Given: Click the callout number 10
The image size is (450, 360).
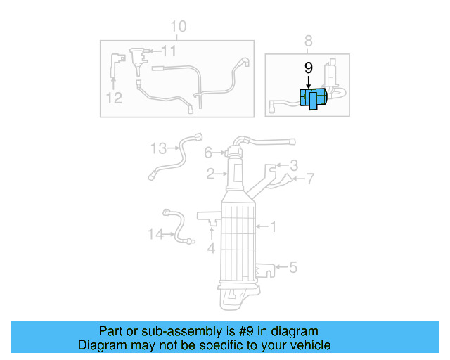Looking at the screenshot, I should (179, 27).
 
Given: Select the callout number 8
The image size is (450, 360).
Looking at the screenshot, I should (308, 41).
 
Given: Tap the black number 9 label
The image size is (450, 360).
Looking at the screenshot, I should (308, 68).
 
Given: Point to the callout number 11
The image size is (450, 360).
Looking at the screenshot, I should (169, 51).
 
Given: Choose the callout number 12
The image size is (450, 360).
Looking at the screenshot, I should (115, 98).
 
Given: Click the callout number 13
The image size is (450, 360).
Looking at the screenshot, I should (158, 148).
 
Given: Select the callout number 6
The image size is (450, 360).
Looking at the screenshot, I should (208, 153).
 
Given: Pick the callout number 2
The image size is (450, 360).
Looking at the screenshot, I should (210, 174).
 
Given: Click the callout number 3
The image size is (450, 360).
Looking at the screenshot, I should (294, 165).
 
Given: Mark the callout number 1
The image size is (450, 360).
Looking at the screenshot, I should (274, 226).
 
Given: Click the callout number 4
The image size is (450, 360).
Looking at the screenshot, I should (211, 247).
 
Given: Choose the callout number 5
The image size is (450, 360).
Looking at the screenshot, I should (293, 267).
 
